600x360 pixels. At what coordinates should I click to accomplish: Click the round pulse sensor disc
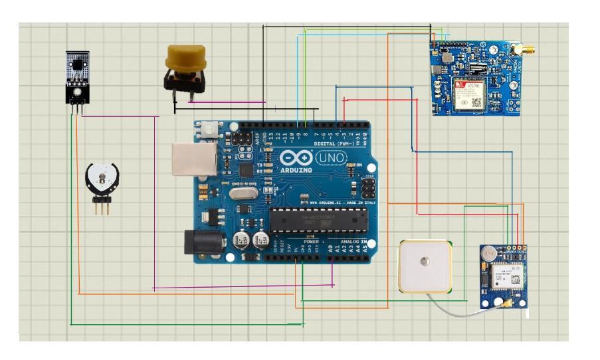pos(101,177)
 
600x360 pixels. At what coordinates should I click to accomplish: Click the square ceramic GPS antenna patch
pos(425,267)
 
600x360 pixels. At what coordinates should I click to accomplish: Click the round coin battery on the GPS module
pos(489,253)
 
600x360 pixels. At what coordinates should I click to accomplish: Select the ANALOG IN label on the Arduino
pos(353,241)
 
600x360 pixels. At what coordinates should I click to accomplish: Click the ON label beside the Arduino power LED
pos(359,165)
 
